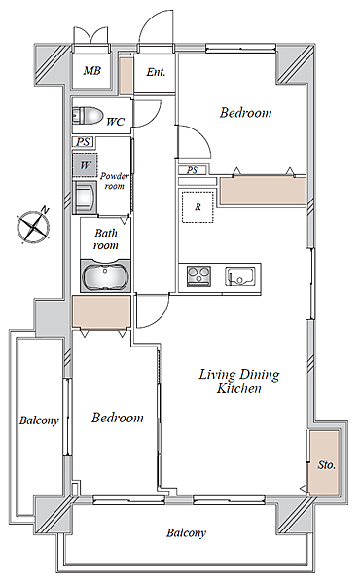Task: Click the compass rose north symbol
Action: [34, 225]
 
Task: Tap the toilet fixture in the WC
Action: [88, 116]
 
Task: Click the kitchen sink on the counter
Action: [240, 276]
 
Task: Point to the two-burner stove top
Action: [198, 276]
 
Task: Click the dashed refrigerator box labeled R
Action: [198, 206]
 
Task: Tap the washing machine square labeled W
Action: [85, 164]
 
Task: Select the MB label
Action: [91, 70]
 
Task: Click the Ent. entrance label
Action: [156, 72]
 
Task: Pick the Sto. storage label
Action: [327, 465]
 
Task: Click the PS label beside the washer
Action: [83, 142]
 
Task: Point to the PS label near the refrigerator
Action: [192, 170]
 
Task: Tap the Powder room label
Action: [114, 181]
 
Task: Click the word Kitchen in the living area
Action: [238, 388]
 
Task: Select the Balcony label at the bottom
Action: [186, 533]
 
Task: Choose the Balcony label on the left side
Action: [39, 420]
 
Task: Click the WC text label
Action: [115, 122]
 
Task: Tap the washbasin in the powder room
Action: [84, 197]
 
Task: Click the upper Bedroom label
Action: [245, 113]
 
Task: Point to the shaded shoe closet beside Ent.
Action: [126, 76]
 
